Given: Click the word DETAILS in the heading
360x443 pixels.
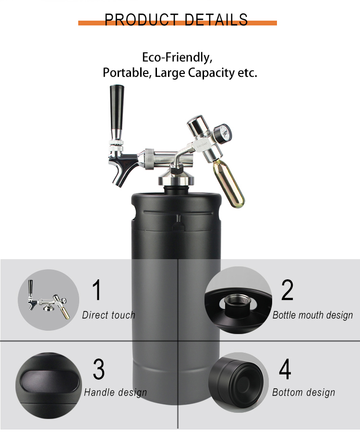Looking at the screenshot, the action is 216,20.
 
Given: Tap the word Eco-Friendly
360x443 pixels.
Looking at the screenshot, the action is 177,58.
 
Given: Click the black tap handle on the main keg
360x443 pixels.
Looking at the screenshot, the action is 117,112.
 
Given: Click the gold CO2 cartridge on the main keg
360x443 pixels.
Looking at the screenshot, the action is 229,184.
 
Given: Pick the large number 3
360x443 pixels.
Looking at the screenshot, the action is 98,369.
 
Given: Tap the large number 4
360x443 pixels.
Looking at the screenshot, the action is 285,369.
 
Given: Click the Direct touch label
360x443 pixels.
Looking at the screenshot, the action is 108,315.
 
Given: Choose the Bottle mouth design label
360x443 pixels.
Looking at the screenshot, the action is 313,315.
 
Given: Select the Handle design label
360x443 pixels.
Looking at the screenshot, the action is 116,393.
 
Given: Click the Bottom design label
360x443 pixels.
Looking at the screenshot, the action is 303,393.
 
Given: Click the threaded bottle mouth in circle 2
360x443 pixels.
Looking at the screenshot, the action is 238,302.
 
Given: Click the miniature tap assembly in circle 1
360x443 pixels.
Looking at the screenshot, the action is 48,299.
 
